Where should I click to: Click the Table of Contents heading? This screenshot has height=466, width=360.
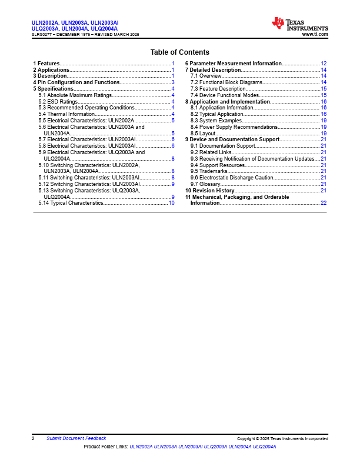(179, 52)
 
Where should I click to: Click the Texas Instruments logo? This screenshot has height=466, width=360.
(299, 24)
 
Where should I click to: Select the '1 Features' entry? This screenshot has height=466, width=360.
(46, 63)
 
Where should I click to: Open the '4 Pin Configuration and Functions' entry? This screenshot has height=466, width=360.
(76, 82)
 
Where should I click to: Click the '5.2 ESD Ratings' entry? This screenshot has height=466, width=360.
(58, 102)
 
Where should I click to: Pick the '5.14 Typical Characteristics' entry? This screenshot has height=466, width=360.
(71, 203)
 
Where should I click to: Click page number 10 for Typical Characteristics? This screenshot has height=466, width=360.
(171, 203)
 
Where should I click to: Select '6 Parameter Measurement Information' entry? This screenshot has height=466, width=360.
(234, 63)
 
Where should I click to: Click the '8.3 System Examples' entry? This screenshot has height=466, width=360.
(216, 121)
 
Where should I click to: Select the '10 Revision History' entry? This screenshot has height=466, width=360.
(209, 191)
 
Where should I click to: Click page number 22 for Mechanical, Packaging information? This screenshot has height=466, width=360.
(324, 203)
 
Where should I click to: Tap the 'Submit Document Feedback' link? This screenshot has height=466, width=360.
(76, 438)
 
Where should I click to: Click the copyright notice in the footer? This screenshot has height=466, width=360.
(282, 439)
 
